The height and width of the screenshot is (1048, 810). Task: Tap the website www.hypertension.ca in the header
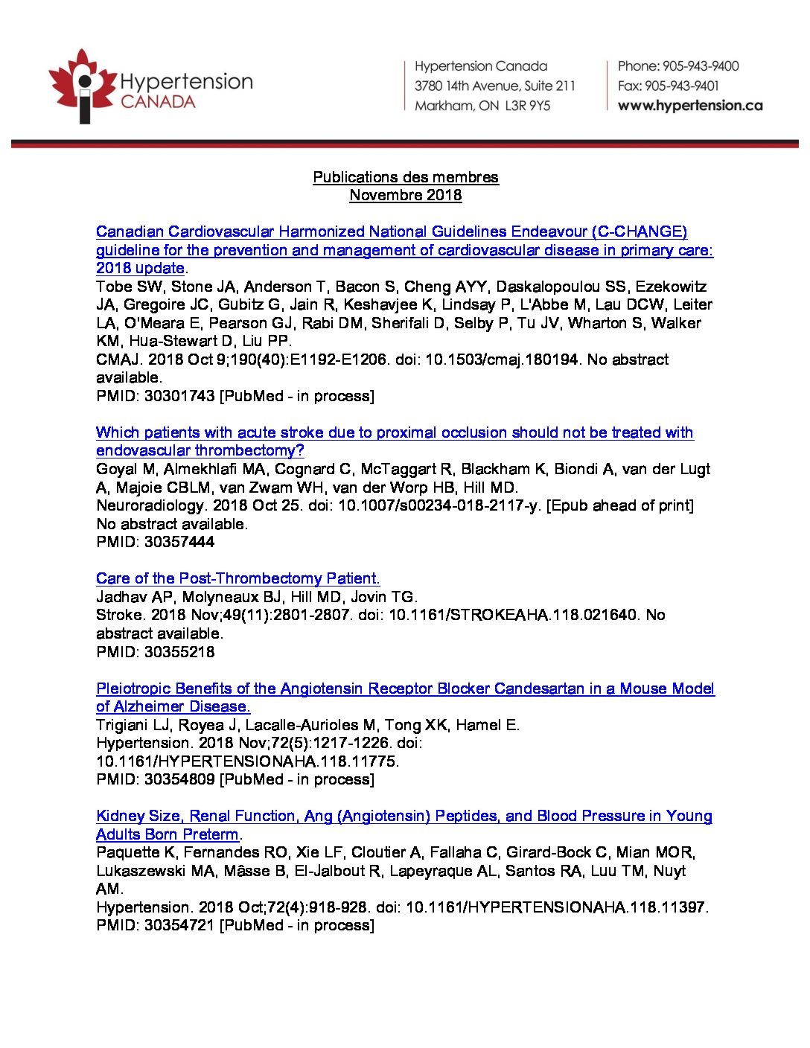(x=689, y=106)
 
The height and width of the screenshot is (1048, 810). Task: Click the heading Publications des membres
(x=405, y=177)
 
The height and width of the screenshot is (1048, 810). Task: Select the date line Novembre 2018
(x=405, y=195)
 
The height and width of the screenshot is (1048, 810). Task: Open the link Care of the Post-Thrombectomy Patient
(x=237, y=578)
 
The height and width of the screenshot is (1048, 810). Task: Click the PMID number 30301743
(x=179, y=396)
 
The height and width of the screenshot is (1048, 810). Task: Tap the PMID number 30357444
(x=179, y=542)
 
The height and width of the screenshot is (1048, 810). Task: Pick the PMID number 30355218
(x=179, y=652)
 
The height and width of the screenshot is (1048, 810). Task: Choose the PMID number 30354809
(x=179, y=779)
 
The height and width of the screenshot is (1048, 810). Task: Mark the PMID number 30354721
(x=179, y=925)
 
